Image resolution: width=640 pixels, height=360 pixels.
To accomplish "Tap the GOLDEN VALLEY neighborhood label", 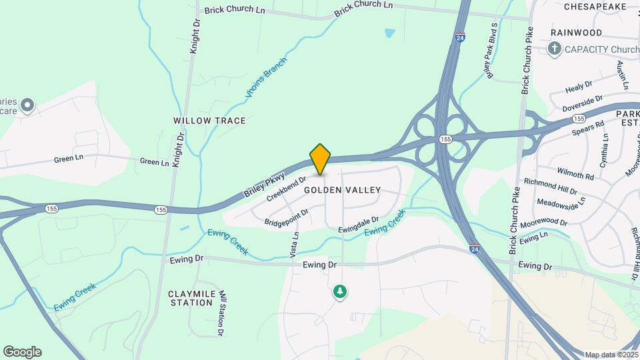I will coord(342,190).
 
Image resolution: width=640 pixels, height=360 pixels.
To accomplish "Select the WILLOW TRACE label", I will coord(209,121).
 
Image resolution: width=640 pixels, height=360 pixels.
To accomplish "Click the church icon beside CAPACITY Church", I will coord(553,48).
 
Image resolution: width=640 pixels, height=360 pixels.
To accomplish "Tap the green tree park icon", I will coord(341,292).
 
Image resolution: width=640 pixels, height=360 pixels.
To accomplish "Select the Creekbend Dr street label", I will coord(286,189).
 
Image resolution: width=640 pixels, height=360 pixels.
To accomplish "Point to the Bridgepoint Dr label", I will coord(286,217).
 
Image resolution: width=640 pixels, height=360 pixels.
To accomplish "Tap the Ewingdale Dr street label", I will coord(358,224).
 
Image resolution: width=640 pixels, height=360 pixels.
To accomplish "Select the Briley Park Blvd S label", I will coord(493,51).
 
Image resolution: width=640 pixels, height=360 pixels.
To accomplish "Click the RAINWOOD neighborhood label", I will coord(576,33).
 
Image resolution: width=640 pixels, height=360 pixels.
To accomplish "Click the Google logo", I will coord(22,352).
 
